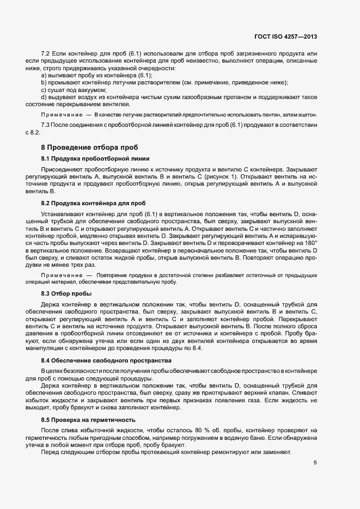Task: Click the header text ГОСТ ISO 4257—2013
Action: click(285, 36)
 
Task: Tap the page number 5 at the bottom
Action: click(315, 463)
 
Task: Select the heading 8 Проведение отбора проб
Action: click(90, 148)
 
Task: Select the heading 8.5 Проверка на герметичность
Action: click(88, 420)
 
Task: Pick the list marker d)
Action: click(44, 97)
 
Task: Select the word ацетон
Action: click(306, 115)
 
